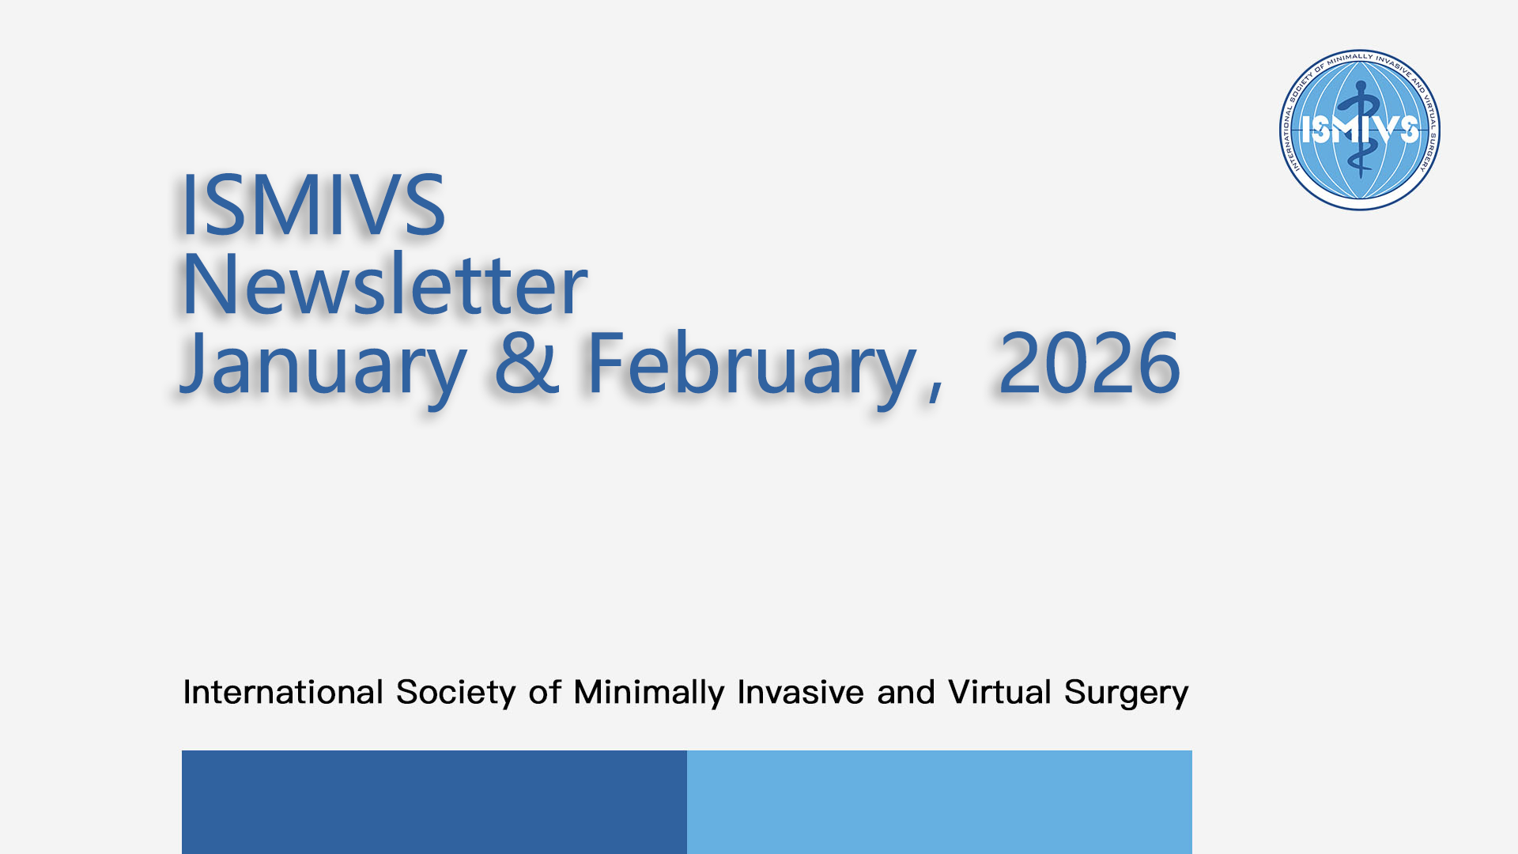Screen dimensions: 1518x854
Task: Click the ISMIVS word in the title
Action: click(x=313, y=205)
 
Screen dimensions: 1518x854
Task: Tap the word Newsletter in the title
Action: click(x=384, y=284)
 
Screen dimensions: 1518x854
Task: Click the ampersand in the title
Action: click(x=527, y=363)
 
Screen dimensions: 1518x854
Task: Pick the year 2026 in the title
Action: click(x=1089, y=363)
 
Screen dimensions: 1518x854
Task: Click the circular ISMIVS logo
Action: click(x=1360, y=130)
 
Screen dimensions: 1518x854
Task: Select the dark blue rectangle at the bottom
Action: click(x=434, y=802)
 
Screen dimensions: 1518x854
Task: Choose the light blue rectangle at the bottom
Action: click(x=939, y=802)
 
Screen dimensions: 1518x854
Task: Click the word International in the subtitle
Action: click(x=283, y=692)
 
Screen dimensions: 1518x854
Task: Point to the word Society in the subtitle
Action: click(x=456, y=693)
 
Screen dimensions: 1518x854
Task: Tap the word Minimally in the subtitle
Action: click(x=649, y=693)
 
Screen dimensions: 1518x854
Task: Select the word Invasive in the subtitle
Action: click(x=800, y=692)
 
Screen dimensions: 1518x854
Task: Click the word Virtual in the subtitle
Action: click(x=999, y=692)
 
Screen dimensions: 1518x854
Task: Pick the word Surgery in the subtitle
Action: click(x=1126, y=693)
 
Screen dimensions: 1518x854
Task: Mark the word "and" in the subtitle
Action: click(x=906, y=692)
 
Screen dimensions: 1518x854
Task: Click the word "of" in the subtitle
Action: click(x=546, y=692)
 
